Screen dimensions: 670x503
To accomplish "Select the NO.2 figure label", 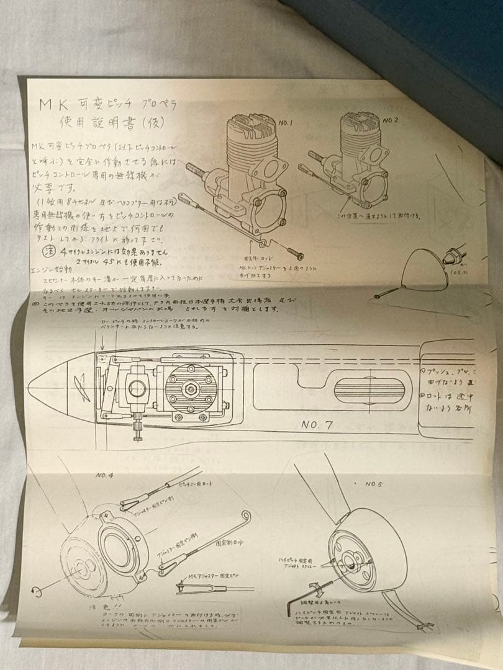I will pos(391,119).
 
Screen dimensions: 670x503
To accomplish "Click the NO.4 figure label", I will pos(104,475).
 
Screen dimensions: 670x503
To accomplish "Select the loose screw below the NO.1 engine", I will pos(294,253).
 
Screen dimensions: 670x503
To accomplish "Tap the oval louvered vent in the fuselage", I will pos(369,390).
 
